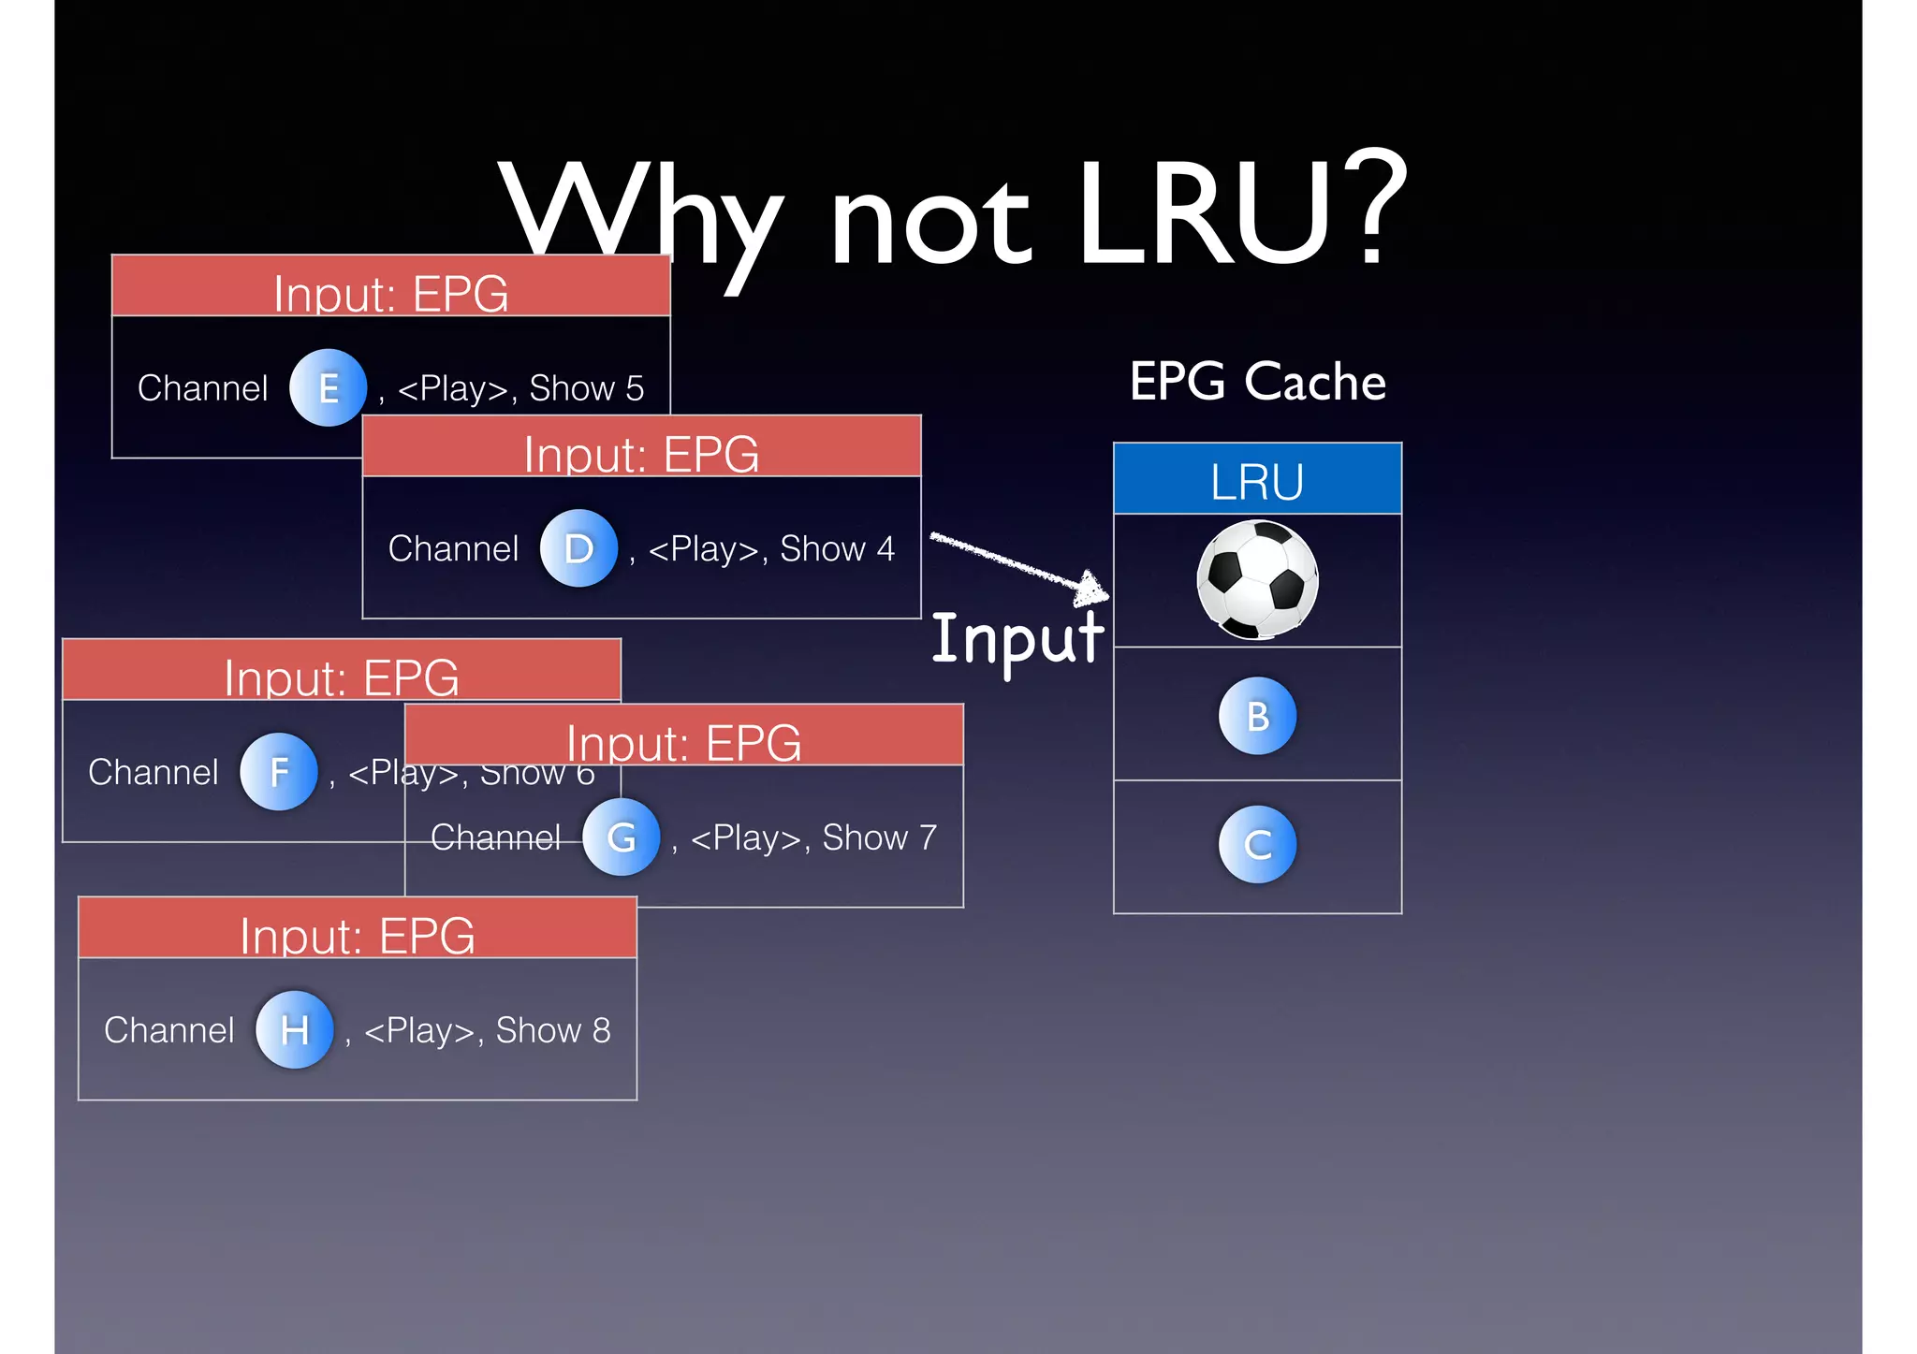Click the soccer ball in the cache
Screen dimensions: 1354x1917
1257,580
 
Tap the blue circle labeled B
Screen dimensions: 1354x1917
1257,716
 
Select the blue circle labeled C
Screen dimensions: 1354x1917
1257,845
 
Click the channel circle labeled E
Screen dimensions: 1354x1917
328,387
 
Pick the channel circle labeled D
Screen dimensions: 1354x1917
578,548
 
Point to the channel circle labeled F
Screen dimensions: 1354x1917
279,772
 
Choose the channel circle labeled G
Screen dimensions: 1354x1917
621,837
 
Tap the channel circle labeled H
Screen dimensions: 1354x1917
295,1030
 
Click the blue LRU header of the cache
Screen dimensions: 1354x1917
1257,480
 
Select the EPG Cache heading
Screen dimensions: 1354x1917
1257,382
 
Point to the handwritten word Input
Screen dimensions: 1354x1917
1017,640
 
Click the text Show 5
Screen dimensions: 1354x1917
587,388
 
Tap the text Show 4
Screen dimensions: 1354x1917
837,549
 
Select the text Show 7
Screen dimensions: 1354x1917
879,837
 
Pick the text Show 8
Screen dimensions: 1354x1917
553,1030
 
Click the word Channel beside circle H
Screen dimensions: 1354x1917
169,1030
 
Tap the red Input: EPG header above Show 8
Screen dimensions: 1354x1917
358,928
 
